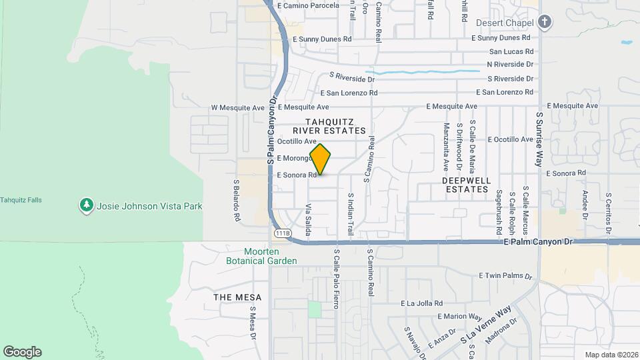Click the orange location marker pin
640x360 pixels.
point(320,159)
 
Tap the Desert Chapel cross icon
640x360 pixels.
point(545,23)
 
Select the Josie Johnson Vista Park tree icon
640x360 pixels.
point(85,206)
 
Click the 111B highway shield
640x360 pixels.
point(282,233)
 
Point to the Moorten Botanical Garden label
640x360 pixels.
point(270,255)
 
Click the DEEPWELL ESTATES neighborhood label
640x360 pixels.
point(467,185)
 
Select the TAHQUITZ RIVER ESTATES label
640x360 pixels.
point(336,126)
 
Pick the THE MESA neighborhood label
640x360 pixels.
point(237,297)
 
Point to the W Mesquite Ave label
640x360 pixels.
point(238,107)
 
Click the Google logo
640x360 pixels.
point(22,352)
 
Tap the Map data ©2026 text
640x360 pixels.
point(611,355)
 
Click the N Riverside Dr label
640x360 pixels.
point(510,65)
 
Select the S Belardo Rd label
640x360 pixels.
point(236,199)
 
